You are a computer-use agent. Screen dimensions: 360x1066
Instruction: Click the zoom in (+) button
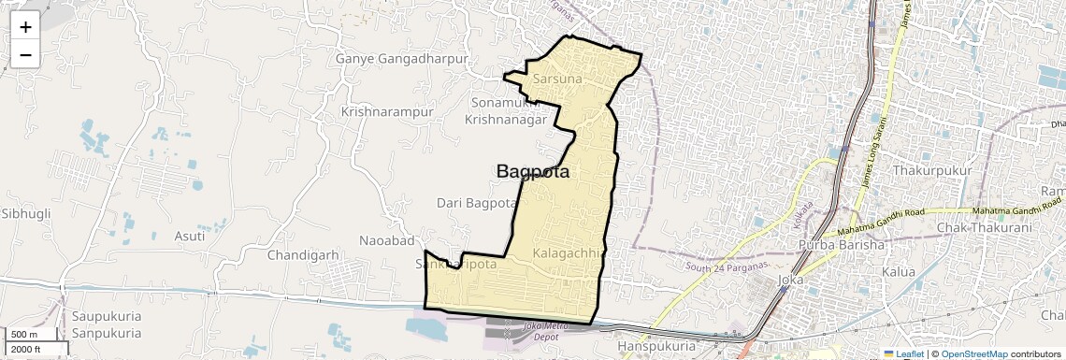(x=25, y=27)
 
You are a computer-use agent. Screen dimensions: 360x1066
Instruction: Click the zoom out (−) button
(x=25, y=55)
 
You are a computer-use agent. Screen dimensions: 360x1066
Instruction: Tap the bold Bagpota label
(x=533, y=172)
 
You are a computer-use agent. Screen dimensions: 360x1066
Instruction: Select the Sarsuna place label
(x=557, y=79)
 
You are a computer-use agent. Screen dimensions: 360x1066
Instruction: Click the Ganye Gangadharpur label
(x=402, y=58)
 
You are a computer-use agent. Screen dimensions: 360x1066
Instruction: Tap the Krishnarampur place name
(x=387, y=111)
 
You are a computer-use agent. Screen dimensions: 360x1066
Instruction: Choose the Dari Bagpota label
(x=477, y=202)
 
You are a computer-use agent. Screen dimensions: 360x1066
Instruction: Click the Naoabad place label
(x=386, y=240)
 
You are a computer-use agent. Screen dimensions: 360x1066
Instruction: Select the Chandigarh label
(x=302, y=255)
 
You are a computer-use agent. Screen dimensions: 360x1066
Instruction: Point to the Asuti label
(x=190, y=236)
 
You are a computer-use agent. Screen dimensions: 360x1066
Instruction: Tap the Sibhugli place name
(x=25, y=214)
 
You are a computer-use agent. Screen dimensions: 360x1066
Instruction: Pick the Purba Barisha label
(x=841, y=245)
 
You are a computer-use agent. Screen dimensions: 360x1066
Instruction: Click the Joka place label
(x=792, y=279)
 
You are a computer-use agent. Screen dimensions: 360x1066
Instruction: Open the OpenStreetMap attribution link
(x=973, y=354)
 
